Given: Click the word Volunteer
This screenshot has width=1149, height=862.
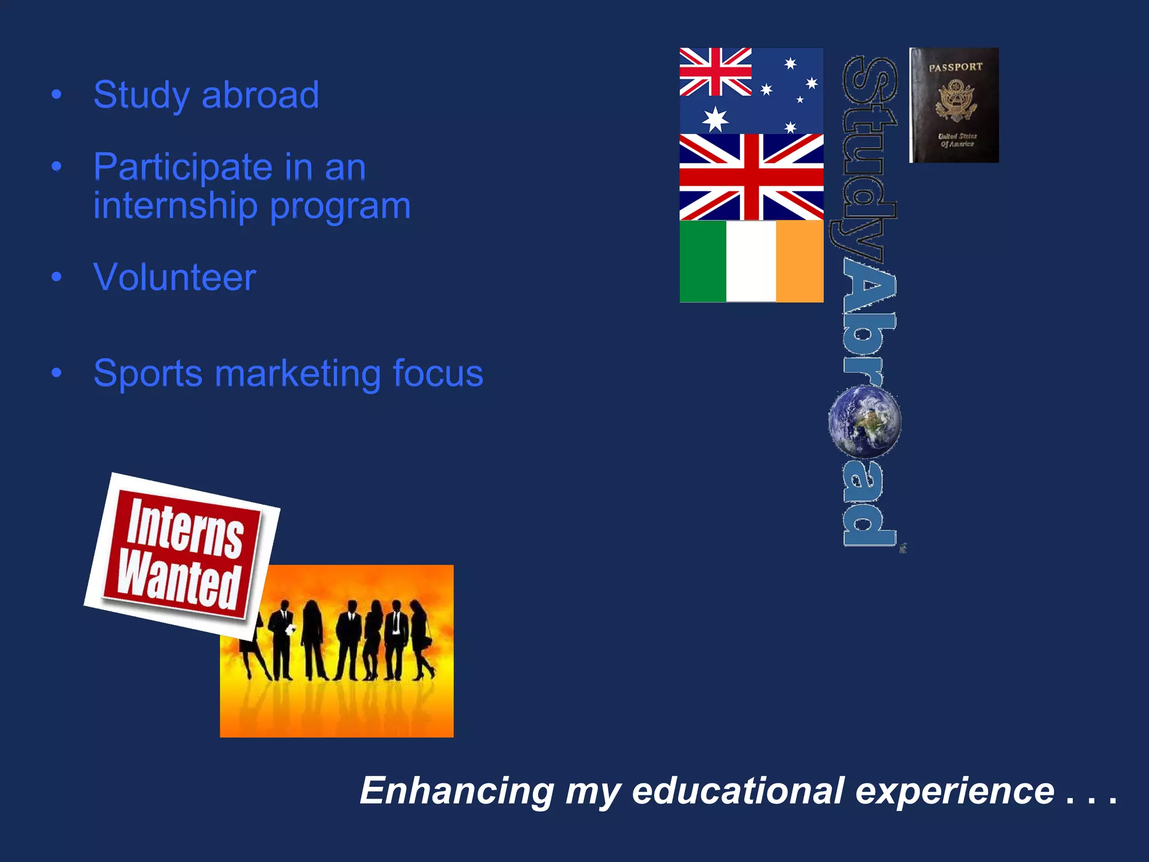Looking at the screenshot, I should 174,277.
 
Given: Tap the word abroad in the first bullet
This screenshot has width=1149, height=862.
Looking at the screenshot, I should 260,95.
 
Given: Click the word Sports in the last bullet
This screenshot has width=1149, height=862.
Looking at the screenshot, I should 148,374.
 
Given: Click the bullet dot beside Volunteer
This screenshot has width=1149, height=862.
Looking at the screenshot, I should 56,277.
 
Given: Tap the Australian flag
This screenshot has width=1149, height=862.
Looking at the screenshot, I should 751,90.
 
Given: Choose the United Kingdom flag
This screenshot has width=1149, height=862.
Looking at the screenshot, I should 751,177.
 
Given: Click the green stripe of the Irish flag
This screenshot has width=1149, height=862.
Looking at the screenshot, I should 702,262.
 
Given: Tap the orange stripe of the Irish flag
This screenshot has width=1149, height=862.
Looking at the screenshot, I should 799,262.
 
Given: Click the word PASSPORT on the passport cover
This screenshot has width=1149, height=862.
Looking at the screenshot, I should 955,67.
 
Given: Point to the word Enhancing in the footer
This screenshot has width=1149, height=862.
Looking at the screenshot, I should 457,791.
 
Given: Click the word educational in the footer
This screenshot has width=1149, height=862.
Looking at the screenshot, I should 738,791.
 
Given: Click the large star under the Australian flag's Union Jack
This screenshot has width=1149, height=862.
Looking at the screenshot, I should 715,119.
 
